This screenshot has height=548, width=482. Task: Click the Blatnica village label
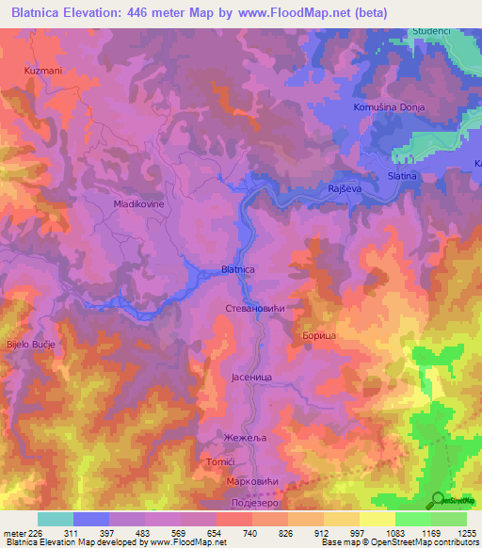[237, 269]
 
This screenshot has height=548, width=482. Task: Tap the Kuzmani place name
[42, 71]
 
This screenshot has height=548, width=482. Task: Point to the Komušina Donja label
[389, 107]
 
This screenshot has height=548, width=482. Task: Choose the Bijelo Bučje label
[32, 345]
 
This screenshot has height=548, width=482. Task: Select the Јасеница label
[251, 377]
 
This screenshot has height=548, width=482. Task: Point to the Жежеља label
[241, 438]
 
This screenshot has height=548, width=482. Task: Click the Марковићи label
[251, 483]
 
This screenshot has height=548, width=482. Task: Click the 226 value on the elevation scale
[37, 533]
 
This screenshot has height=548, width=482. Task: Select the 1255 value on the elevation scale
[467, 533]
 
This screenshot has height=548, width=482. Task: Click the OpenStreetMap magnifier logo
[437, 498]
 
